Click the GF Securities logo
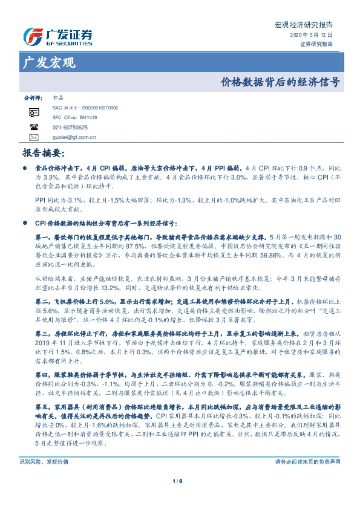coord(57,36)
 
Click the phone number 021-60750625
coord(70,128)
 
